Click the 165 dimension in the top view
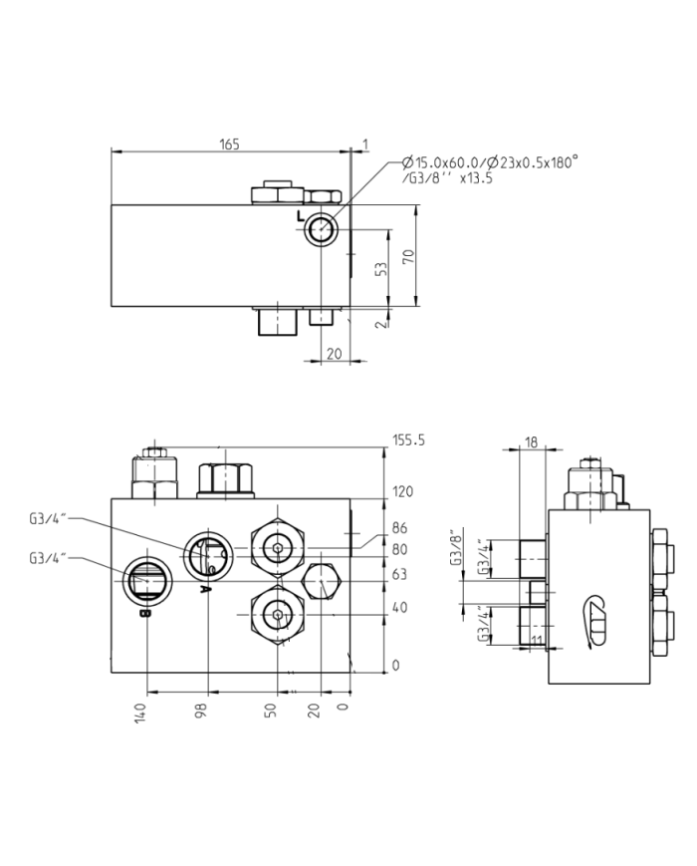(230, 144)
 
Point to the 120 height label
(403, 492)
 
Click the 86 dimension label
(400, 528)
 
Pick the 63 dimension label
(400, 574)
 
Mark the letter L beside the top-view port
(302, 217)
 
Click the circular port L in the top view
(322, 230)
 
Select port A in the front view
(208, 553)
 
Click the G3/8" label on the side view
(458, 547)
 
